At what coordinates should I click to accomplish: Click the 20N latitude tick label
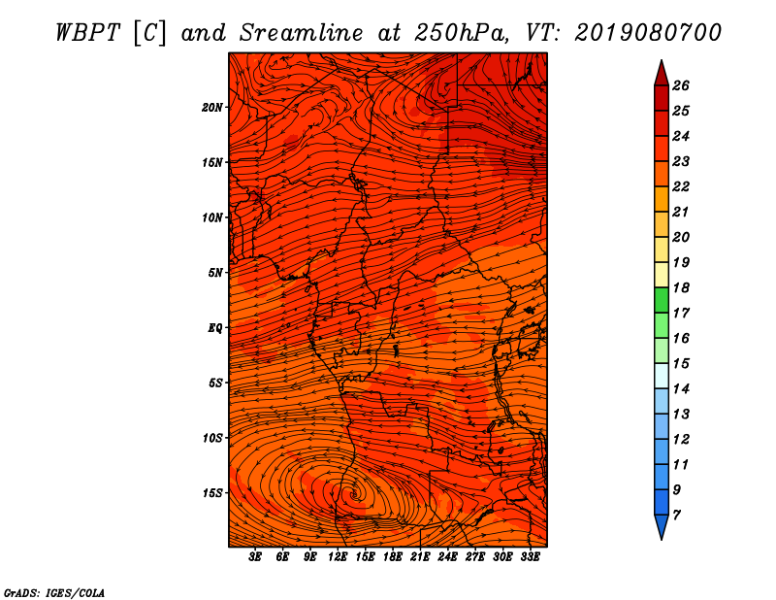(212, 107)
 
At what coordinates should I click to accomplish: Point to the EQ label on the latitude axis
(215, 327)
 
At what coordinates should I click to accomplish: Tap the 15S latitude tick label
(212, 493)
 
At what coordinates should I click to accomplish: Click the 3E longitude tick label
(256, 557)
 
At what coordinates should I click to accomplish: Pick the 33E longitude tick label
(531, 557)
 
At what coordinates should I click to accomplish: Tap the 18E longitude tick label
(393, 557)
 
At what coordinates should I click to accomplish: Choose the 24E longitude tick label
(448, 557)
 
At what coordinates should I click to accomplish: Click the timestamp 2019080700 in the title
(648, 32)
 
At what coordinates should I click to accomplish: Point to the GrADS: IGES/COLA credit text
(53, 592)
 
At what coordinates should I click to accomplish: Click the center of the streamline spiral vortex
(355, 494)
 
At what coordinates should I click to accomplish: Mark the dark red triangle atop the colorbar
(661, 72)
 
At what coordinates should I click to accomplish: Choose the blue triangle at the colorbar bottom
(661, 527)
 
